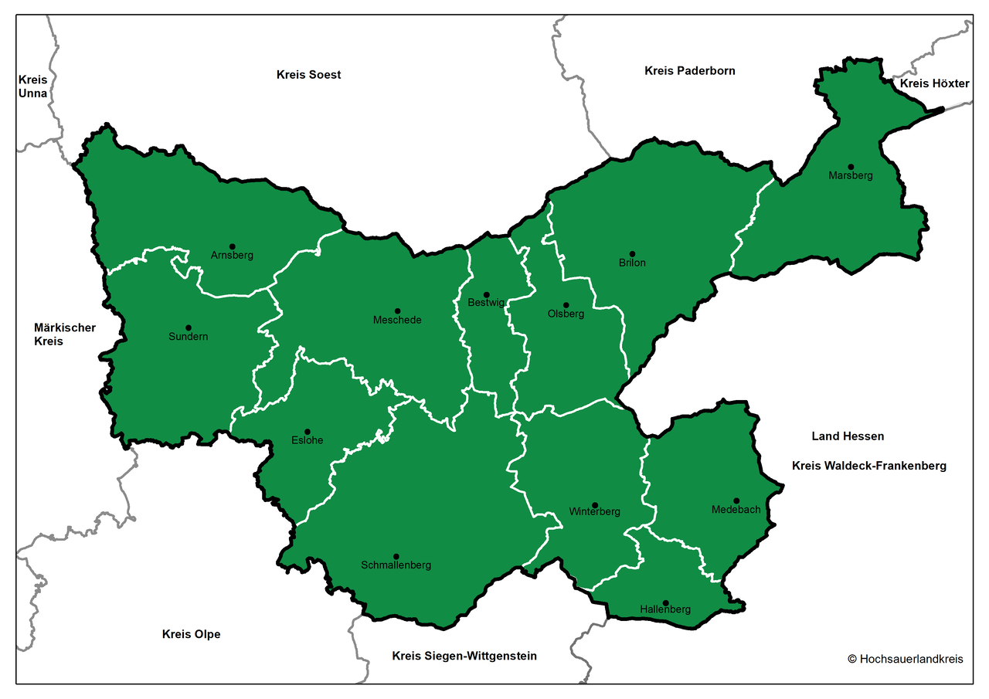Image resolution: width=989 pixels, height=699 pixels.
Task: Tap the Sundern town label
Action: click(x=189, y=337)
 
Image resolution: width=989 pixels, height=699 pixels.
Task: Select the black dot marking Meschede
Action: click(x=398, y=311)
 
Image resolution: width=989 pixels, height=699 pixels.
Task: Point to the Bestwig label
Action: click(x=486, y=303)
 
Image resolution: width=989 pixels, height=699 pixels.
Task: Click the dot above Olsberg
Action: click(x=566, y=305)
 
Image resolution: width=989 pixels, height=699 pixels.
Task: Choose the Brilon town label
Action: click(x=632, y=263)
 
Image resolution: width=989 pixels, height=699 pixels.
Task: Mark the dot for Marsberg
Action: click(x=851, y=167)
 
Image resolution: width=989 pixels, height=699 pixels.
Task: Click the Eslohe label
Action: click(x=308, y=440)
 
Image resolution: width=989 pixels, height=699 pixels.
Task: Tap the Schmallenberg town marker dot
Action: click(x=396, y=557)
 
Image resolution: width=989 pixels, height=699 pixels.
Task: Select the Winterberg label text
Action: click(x=594, y=511)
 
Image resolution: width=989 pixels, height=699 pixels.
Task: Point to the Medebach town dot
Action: click(x=736, y=500)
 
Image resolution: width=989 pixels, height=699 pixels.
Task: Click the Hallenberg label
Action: click(x=665, y=609)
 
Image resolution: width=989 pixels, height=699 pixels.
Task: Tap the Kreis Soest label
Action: click(x=308, y=75)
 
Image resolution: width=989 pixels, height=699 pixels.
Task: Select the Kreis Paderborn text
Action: click(x=690, y=70)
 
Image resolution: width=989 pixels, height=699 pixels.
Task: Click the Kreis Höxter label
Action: click(x=934, y=83)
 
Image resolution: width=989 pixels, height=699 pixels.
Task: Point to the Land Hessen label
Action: click(x=848, y=436)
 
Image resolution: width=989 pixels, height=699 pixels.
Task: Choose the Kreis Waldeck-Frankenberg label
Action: click(x=868, y=466)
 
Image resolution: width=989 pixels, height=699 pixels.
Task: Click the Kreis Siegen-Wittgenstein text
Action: click(x=464, y=656)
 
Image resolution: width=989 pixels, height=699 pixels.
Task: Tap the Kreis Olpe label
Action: click(x=191, y=634)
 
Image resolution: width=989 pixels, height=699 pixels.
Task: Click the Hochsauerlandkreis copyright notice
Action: click(x=906, y=659)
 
